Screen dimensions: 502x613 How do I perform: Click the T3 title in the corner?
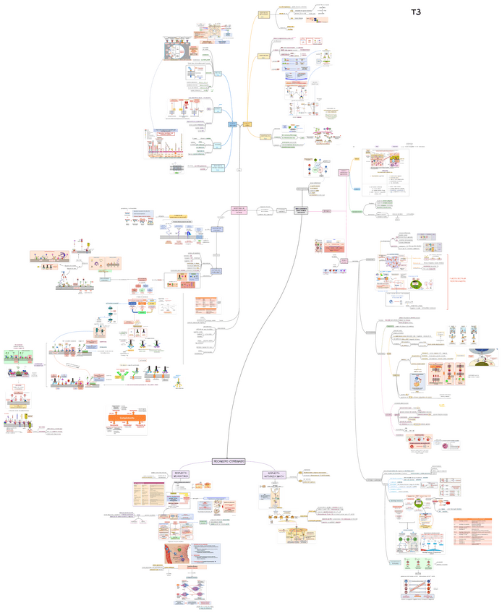pos(416,12)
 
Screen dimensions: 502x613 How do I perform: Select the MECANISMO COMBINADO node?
pos(229,461)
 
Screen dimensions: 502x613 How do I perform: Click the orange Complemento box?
pos(127,418)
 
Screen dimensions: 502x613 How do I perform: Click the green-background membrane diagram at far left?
pos(19,358)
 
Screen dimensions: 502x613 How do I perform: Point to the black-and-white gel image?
pos(176,168)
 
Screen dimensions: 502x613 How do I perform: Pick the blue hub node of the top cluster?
pos(233,125)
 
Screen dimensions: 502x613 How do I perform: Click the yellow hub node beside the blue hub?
pos(247,124)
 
